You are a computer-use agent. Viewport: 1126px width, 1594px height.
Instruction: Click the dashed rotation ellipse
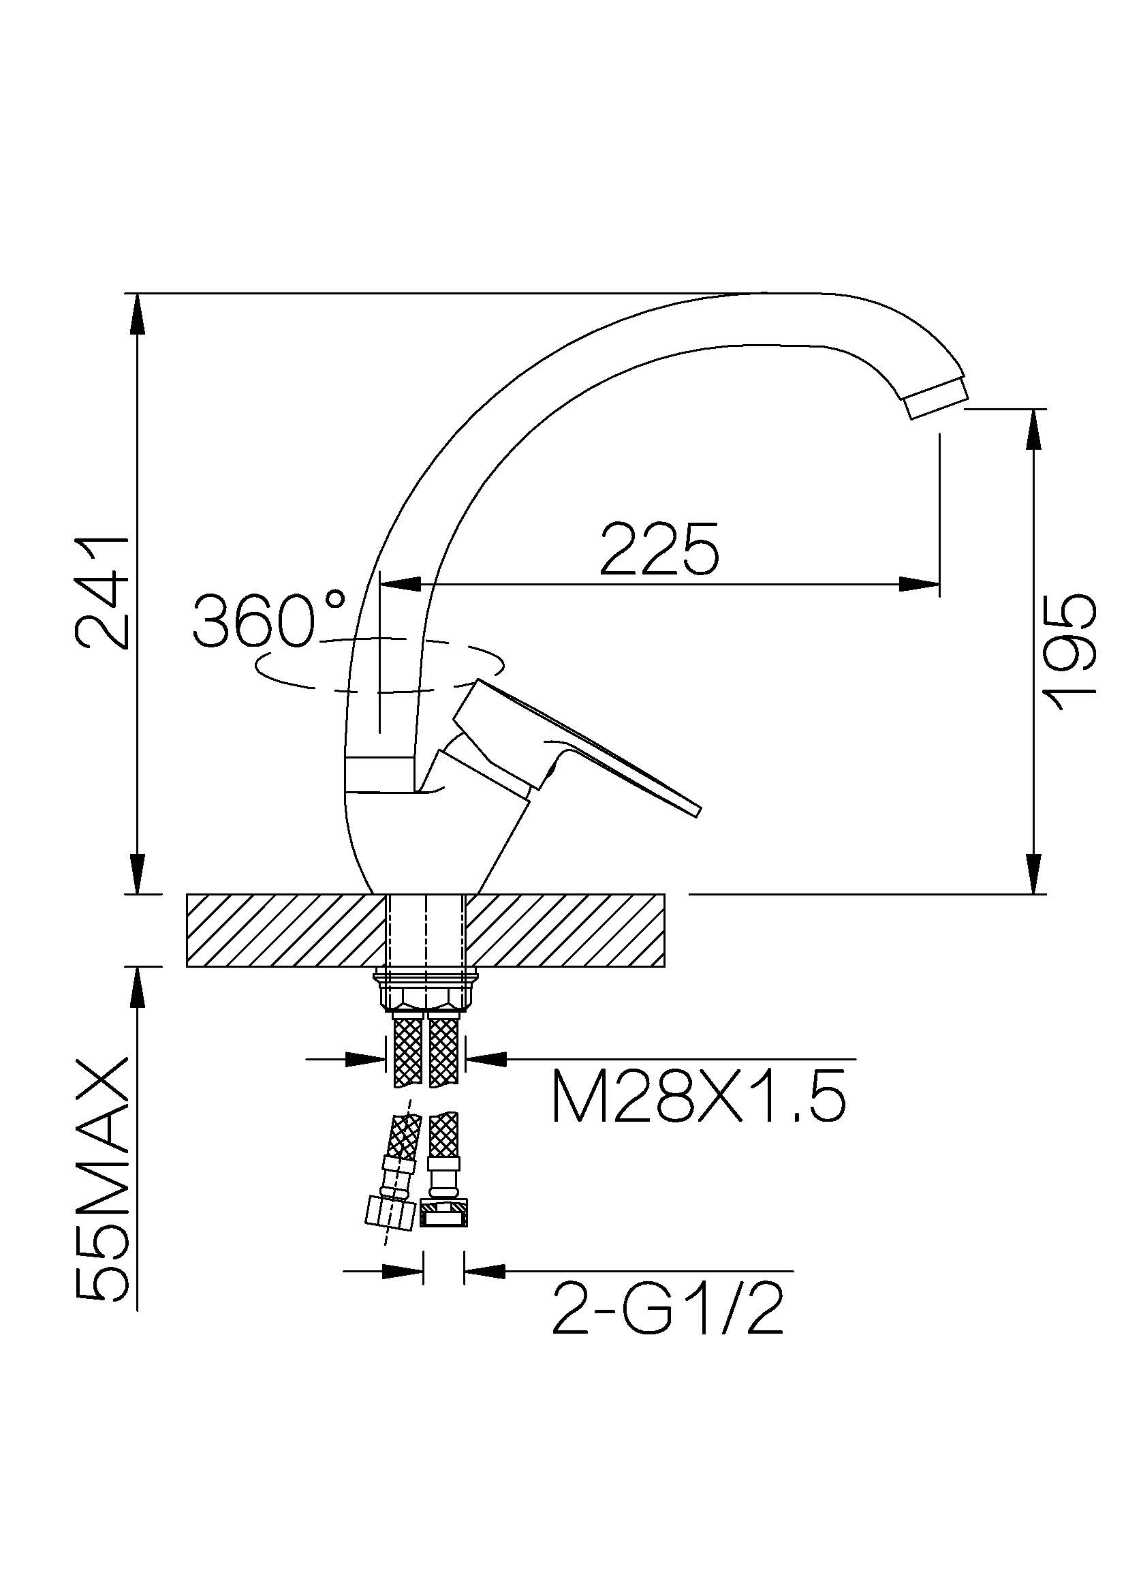pos(381,665)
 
